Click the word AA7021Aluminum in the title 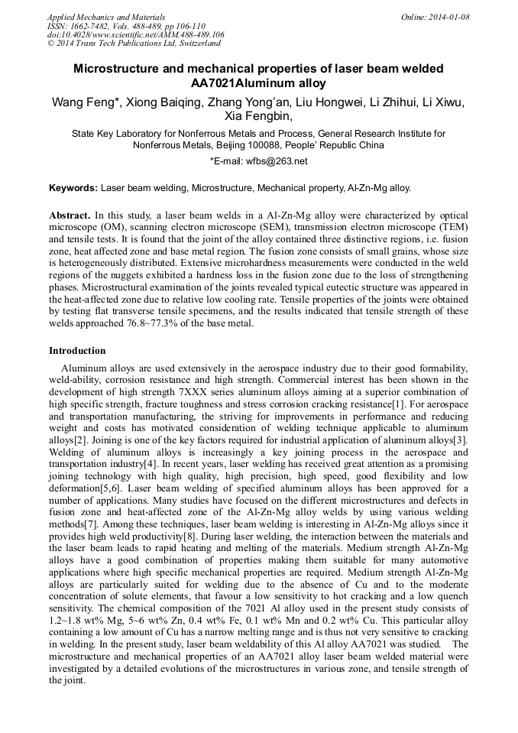coord(230,83)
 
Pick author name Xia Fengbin coord(257,117)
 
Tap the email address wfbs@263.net coord(275,161)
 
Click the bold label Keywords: coord(73,187)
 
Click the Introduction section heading coord(77,351)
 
